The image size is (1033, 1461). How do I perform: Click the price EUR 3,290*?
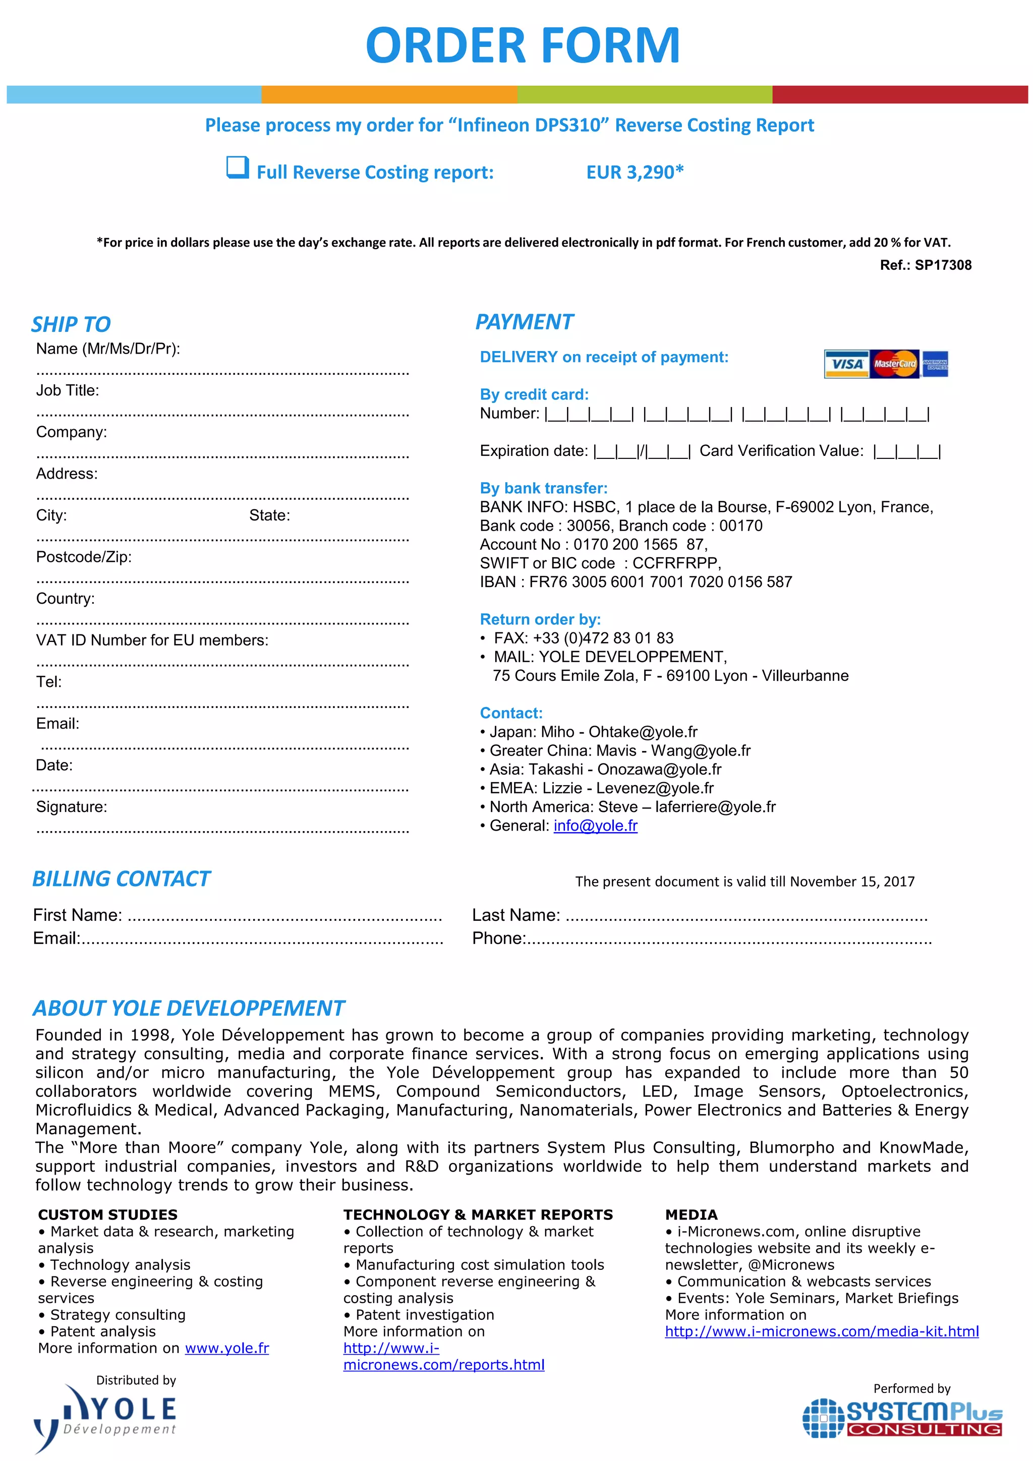coord(635,172)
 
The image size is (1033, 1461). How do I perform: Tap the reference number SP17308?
coord(943,265)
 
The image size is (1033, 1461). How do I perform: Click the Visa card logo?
coord(846,364)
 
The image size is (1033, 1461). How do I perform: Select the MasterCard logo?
coord(894,364)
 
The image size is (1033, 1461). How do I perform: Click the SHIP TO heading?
coord(71,324)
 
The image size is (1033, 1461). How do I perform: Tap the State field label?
coord(269,515)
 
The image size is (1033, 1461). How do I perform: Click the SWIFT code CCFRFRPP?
coord(676,563)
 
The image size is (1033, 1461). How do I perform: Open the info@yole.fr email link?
coord(595,826)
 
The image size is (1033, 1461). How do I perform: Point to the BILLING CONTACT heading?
coord(121,879)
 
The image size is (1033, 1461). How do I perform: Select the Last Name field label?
coord(515,915)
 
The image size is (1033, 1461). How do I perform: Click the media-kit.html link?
coord(821,1331)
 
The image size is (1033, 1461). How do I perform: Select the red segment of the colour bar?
coord(899,94)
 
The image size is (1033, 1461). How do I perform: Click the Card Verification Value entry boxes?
coord(906,452)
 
